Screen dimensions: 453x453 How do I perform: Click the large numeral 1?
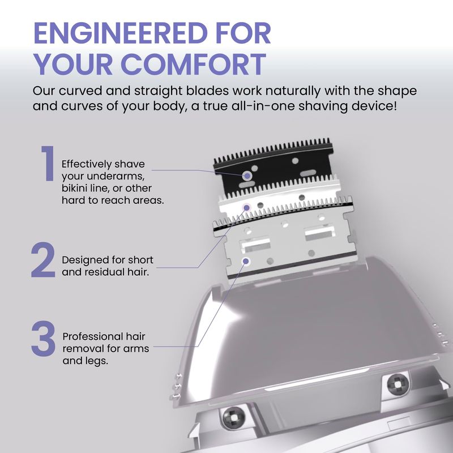(47, 163)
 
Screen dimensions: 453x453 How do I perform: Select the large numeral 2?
(43, 260)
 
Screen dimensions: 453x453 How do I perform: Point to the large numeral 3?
(43, 338)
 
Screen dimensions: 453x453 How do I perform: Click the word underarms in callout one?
(116, 176)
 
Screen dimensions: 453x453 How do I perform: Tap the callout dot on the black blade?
(247, 176)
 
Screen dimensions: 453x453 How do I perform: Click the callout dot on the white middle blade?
(246, 207)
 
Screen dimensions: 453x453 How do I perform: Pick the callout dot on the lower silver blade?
(246, 262)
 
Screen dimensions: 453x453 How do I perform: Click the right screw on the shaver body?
(398, 384)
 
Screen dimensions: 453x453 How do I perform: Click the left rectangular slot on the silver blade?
(255, 244)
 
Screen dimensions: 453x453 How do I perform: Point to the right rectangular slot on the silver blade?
(320, 233)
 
